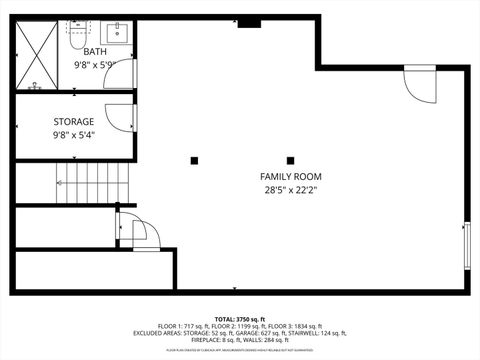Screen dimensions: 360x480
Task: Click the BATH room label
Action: click(95, 51)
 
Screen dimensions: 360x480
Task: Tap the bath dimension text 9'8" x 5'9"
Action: click(95, 64)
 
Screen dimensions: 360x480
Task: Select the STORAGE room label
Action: click(74, 122)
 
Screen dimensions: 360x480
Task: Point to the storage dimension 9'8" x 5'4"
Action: click(74, 135)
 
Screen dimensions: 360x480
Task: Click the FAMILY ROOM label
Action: click(292, 177)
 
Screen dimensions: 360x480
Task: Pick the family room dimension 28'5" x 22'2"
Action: click(292, 190)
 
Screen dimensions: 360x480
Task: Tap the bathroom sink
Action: click(118, 30)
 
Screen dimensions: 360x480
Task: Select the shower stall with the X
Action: click(40, 55)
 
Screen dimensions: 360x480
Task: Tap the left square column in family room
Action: click(194, 160)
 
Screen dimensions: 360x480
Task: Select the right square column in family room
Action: click(290, 160)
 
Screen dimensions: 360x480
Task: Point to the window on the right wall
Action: click(466, 246)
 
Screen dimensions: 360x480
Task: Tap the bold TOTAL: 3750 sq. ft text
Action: click(240, 317)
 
